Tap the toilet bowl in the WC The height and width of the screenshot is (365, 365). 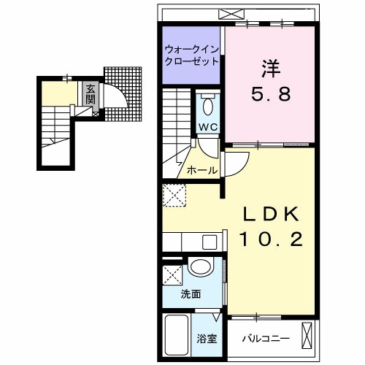click(x=208, y=107)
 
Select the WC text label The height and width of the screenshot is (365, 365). click(x=208, y=127)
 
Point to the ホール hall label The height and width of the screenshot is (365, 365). click(x=202, y=170)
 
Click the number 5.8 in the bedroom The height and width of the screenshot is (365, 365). click(x=271, y=94)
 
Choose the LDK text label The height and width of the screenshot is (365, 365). click(x=272, y=214)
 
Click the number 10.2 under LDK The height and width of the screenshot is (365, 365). click(x=272, y=239)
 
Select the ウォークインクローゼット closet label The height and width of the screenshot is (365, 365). click(x=191, y=55)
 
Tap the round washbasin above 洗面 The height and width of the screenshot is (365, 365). click(x=201, y=266)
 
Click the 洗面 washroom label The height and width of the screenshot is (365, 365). click(x=191, y=294)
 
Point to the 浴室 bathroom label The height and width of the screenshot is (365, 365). click(x=207, y=339)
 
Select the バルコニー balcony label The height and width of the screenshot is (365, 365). click(x=266, y=339)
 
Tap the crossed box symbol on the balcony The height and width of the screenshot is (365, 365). click(x=307, y=335)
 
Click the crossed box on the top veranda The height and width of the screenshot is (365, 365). click(x=231, y=14)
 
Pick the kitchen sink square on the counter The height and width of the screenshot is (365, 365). click(x=210, y=242)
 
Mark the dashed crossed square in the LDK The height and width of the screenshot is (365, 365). click(x=174, y=196)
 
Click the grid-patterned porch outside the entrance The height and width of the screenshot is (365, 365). click(x=123, y=94)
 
